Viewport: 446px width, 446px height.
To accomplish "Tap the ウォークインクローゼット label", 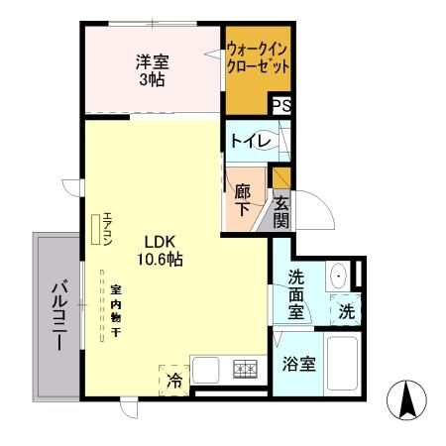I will (258, 58).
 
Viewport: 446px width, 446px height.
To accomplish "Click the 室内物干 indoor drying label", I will (116, 310).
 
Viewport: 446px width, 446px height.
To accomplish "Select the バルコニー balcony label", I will (57, 316).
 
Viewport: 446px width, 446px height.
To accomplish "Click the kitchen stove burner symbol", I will (245, 371).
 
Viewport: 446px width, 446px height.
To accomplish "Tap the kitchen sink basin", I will (208, 371).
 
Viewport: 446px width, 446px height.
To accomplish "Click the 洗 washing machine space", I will (345, 308).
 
